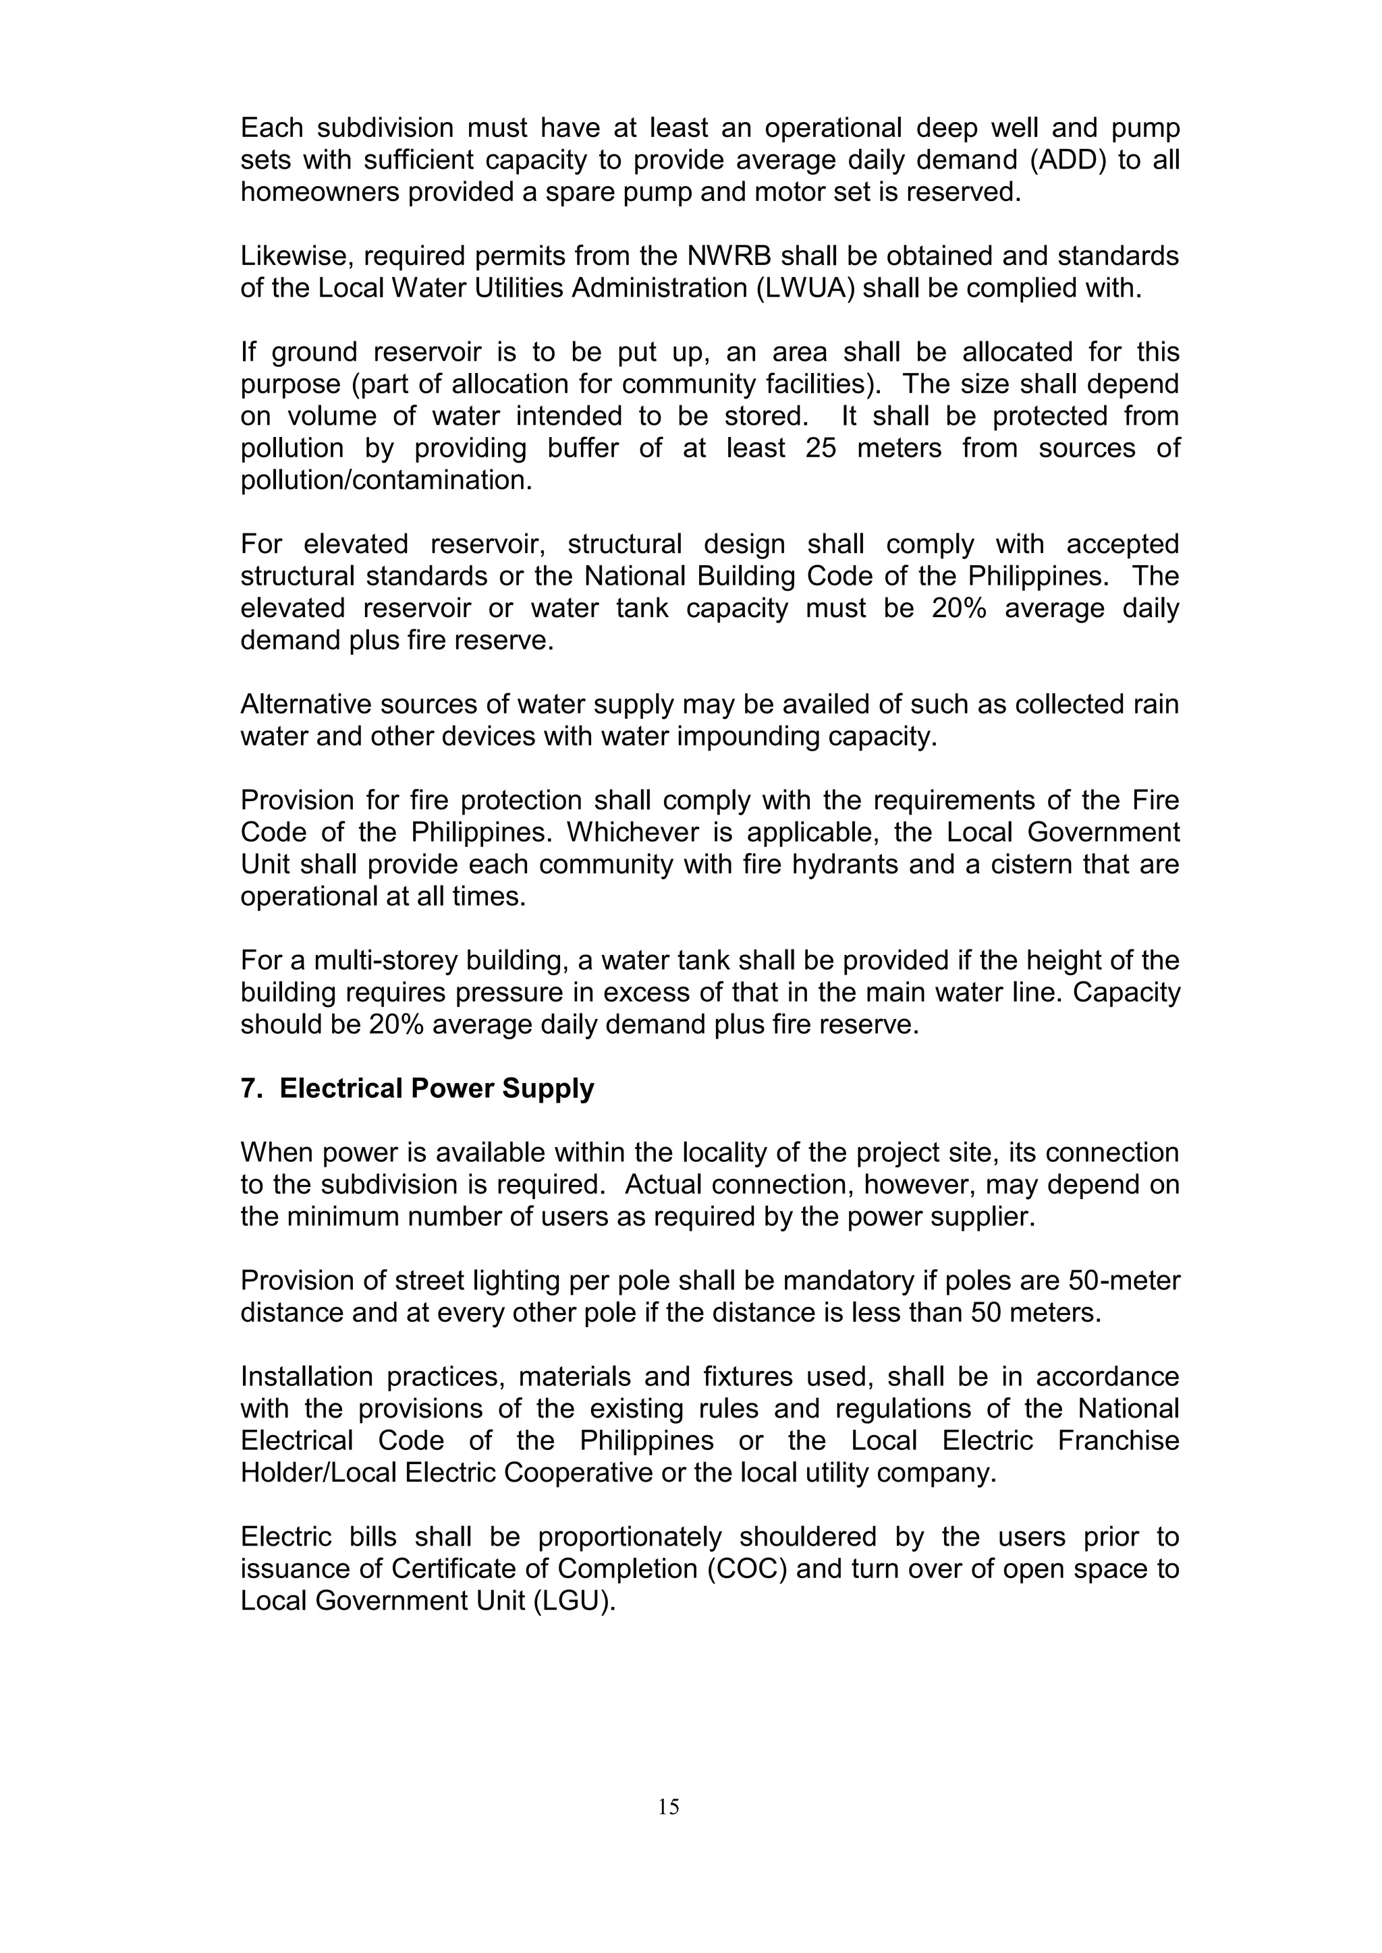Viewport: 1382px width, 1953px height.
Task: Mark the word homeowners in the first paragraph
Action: pyautogui.click(x=320, y=193)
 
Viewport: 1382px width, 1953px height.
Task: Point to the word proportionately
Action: pyautogui.click(x=629, y=1537)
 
